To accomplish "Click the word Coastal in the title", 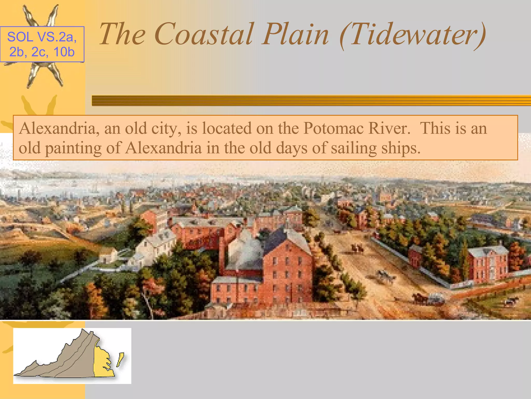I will point(204,34).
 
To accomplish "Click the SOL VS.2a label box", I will point(42,44).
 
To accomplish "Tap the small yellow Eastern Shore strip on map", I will point(120,360).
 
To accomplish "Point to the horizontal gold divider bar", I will point(311,101).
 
